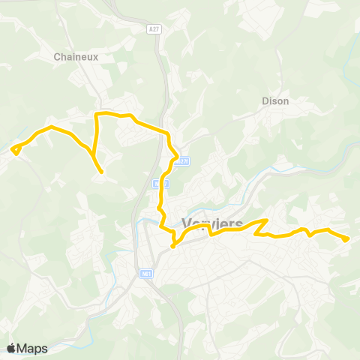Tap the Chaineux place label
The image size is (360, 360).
(x=77, y=55)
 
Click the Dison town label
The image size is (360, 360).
(x=275, y=100)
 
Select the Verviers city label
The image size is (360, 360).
(x=214, y=223)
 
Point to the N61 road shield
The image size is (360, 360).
(x=146, y=275)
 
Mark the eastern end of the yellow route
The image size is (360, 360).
(x=346, y=239)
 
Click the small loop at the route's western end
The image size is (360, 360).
(x=16, y=148)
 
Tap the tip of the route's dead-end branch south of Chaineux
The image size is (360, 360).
(x=101, y=172)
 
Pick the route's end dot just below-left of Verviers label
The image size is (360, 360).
(x=172, y=245)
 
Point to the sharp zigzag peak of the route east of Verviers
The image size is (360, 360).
(x=266, y=220)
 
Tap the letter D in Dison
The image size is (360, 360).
(x=265, y=100)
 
